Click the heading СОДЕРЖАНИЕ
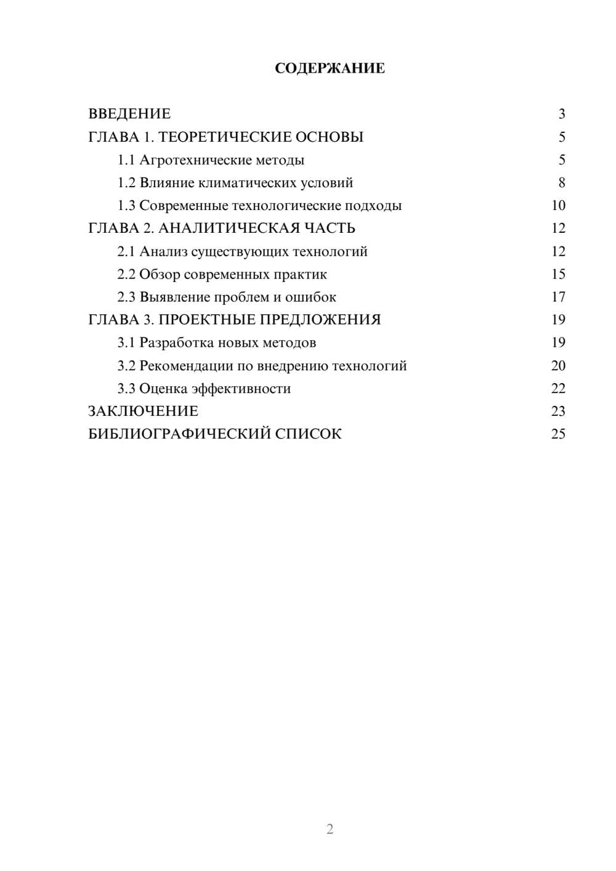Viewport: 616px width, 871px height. [x=330, y=68]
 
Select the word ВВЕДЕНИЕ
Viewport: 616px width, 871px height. [x=129, y=114]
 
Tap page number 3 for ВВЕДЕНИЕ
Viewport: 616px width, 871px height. [x=562, y=114]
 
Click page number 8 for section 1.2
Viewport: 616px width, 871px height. [x=562, y=183]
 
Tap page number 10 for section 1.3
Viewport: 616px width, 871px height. [x=558, y=206]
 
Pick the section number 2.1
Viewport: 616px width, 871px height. [x=126, y=251]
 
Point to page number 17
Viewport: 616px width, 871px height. [x=558, y=297]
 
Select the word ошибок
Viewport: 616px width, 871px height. [x=310, y=297]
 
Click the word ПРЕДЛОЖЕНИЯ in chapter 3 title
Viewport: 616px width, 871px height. [x=319, y=320]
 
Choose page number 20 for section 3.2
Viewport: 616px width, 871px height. [x=558, y=365]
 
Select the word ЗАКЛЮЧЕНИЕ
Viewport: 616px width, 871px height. [x=143, y=411]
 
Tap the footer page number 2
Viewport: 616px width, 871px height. [x=330, y=829]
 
